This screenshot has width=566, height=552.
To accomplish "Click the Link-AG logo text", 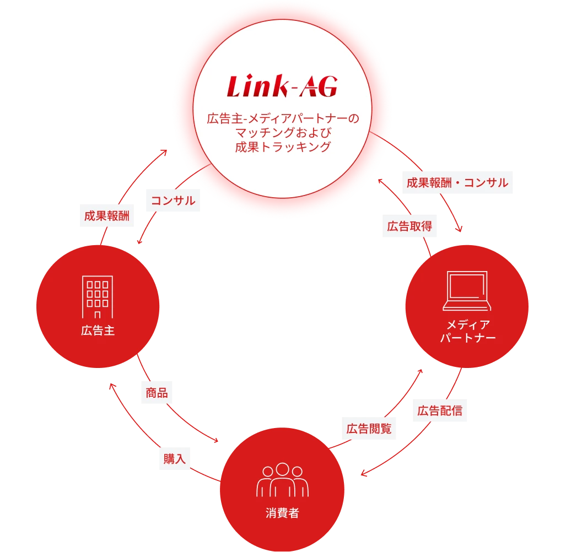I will click(x=282, y=87).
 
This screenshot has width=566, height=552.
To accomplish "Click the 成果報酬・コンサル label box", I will click(x=457, y=183).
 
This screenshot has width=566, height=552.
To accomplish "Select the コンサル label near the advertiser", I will click(x=173, y=201).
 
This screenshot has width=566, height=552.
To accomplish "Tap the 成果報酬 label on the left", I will click(x=107, y=216).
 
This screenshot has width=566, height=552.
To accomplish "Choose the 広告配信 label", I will click(x=439, y=411).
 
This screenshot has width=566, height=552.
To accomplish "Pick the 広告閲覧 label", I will click(x=369, y=429).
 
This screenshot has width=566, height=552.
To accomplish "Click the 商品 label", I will click(x=157, y=393).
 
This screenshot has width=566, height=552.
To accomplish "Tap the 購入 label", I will click(x=175, y=458).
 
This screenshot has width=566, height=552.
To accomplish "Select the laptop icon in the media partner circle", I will click(x=467, y=292).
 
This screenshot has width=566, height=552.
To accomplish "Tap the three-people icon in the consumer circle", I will click(x=282, y=480).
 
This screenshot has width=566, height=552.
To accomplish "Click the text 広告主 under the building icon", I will click(x=98, y=331).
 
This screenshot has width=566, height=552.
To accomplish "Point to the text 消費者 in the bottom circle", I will click(x=282, y=513).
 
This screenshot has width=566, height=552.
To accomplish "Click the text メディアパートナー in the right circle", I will click(x=467, y=331).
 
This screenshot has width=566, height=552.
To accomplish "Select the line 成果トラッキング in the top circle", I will click(x=282, y=147).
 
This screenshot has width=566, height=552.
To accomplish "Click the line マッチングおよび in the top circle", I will click(x=282, y=133).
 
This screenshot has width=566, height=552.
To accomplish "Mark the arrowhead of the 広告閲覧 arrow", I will click(x=420, y=373).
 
